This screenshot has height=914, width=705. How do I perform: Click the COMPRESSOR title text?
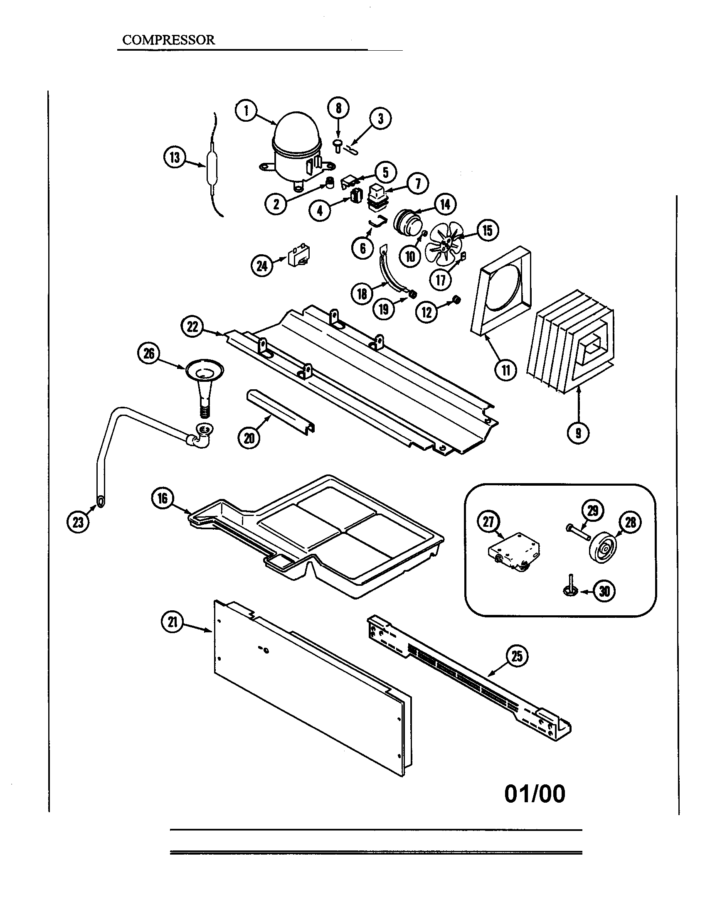click(168, 40)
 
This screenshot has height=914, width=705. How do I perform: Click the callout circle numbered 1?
click(246, 111)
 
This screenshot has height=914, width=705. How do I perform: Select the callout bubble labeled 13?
click(174, 158)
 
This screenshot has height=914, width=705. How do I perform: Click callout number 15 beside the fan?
click(487, 230)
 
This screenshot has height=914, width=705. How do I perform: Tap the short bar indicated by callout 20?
click(280, 410)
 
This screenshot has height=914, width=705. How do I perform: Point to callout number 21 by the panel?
click(172, 622)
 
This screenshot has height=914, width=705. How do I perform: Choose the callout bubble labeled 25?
click(517, 656)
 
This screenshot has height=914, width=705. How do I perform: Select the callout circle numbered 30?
click(604, 591)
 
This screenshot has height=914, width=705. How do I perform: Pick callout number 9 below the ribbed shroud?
click(578, 433)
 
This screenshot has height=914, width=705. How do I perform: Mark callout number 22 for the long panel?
click(192, 327)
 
